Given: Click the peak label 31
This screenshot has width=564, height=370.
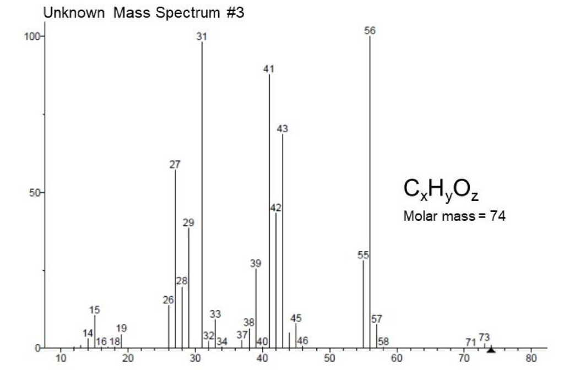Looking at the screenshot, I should [x=202, y=36].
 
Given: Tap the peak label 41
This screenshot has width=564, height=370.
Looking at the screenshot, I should [x=269, y=69].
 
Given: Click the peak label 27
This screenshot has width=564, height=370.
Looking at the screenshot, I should [x=175, y=164].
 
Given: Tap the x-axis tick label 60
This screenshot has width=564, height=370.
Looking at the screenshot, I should [x=397, y=358].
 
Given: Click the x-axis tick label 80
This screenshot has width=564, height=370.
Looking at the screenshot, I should [x=531, y=358].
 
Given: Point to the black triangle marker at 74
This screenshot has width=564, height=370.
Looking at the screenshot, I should [x=491, y=350].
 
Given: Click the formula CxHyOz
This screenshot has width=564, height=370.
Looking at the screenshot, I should [x=441, y=189].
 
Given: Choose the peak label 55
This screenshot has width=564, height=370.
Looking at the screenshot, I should [x=363, y=255].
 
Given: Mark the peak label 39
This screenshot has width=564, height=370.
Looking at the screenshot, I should [x=256, y=263].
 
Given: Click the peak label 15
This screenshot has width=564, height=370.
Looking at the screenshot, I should [x=94, y=309].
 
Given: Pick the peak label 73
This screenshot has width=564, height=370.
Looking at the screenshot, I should [x=484, y=337].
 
